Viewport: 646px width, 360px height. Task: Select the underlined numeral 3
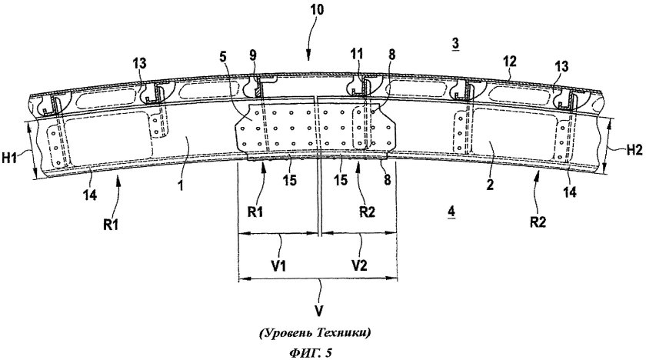point(456,45)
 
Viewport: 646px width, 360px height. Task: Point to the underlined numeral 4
point(451,210)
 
